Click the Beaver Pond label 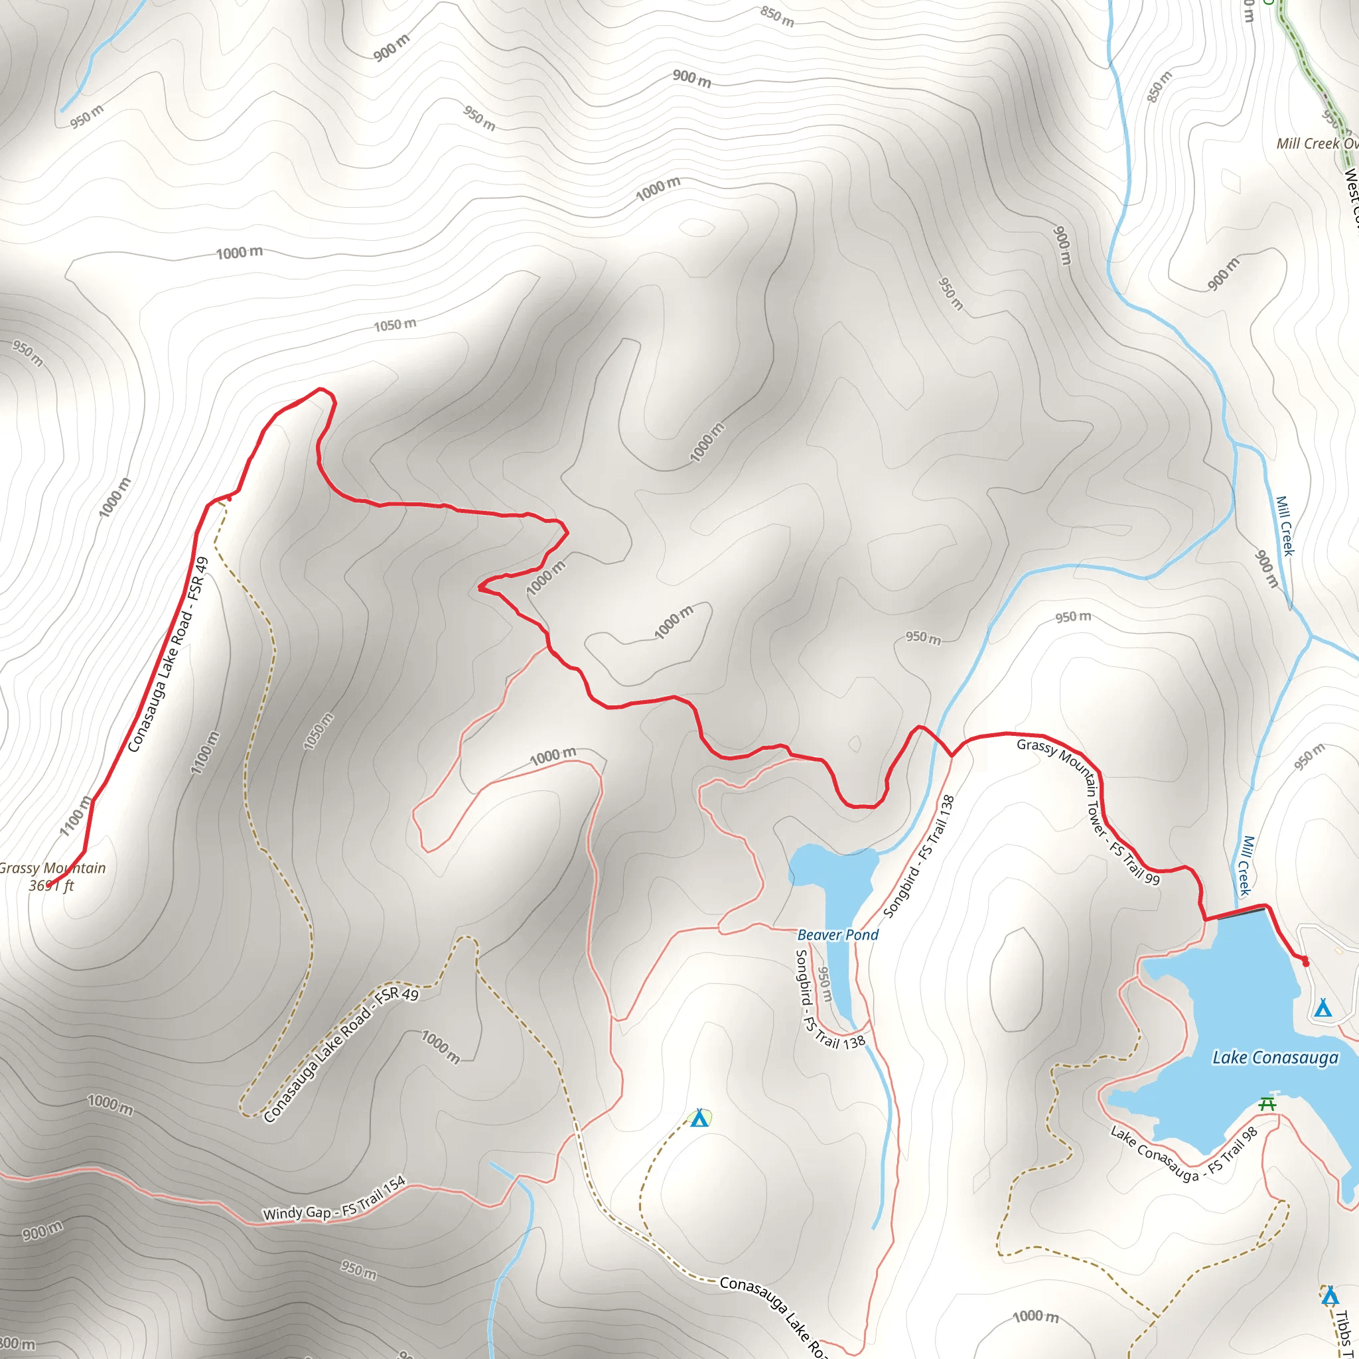click(x=838, y=935)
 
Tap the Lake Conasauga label click(x=1275, y=1058)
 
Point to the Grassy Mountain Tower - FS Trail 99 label click(x=1089, y=810)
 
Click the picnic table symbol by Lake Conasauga click(x=1267, y=1104)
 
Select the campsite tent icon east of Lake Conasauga click(x=1323, y=1008)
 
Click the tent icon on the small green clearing click(x=699, y=1117)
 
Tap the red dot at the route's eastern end click(x=1306, y=963)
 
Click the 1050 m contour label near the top click(x=395, y=325)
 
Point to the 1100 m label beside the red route click(x=75, y=816)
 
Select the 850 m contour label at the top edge click(x=776, y=16)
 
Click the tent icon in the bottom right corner click(x=1329, y=1296)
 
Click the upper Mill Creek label click(x=1285, y=526)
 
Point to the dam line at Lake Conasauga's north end click(x=1241, y=914)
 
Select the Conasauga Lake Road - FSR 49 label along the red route click(x=169, y=654)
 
